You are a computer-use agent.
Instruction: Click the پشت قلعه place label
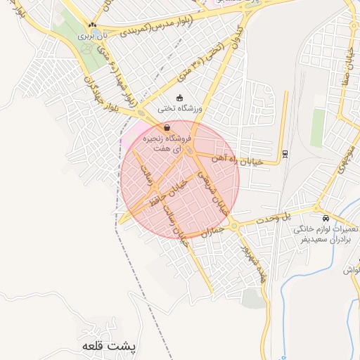click(97, 346)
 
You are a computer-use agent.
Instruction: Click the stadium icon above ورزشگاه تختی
click(179, 97)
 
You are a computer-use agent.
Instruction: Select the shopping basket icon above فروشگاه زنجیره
click(167, 127)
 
